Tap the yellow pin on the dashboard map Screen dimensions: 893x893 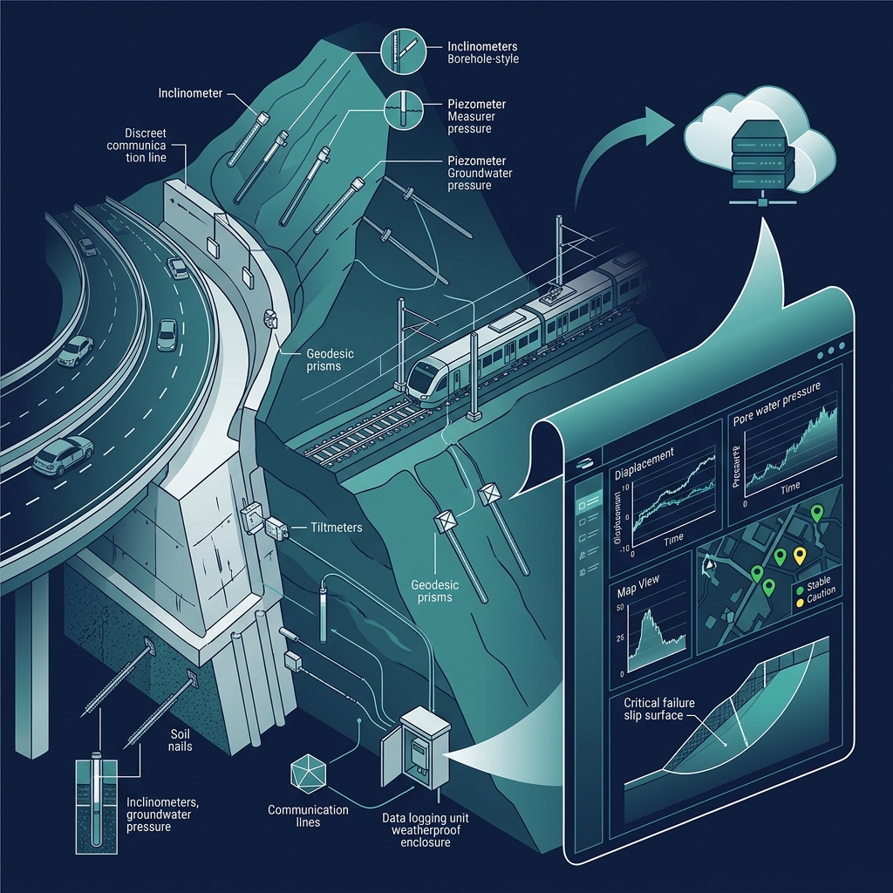(x=799, y=556)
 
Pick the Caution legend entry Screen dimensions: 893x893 (x=820, y=592)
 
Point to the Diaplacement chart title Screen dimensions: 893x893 (x=644, y=457)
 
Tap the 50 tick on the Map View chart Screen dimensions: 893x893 (x=620, y=607)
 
